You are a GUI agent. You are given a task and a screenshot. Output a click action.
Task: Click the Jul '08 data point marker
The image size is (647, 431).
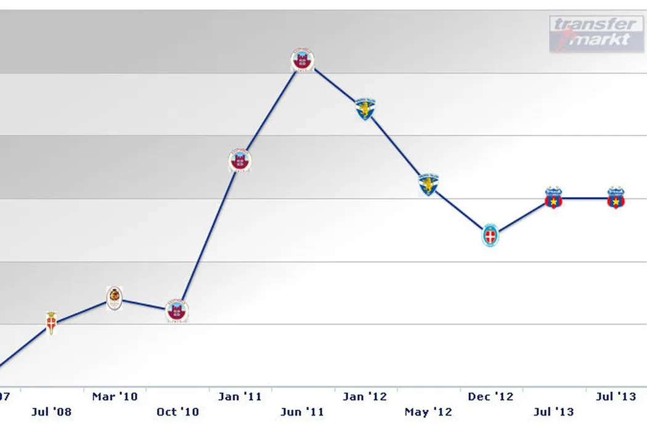[52, 322]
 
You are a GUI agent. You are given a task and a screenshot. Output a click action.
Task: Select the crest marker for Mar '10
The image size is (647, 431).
[115, 298]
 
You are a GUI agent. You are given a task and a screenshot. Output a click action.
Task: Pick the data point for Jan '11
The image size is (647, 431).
[240, 161]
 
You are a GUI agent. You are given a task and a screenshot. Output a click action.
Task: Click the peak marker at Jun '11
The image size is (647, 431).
[303, 60]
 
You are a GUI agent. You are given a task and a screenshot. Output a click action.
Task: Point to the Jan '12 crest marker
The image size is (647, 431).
[365, 109]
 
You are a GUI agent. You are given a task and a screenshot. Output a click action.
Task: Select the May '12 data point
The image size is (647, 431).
[428, 184]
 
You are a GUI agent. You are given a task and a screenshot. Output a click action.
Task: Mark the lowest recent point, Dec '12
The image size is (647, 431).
[490, 235]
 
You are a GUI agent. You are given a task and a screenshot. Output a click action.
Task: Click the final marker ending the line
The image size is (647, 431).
[616, 198]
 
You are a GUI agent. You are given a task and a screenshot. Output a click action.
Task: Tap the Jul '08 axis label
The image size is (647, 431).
[52, 412]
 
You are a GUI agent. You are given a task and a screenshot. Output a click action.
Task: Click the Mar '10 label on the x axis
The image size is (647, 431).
[115, 397]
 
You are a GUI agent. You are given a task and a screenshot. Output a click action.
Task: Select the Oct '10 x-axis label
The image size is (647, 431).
[177, 412]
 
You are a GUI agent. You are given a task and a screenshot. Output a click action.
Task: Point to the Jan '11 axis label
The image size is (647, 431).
[240, 397]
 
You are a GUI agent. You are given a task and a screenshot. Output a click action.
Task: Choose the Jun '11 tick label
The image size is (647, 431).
[303, 412]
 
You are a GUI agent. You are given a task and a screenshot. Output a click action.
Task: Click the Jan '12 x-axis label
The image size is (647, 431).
[365, 397]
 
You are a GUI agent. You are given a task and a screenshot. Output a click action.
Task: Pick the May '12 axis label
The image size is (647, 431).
[428, 412]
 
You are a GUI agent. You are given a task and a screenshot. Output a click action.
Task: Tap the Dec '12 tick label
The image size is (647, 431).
[490, 397]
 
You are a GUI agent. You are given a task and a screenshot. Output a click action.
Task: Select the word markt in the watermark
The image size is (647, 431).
[600, 39]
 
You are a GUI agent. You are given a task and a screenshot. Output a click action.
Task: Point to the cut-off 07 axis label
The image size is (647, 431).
[6, 397]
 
